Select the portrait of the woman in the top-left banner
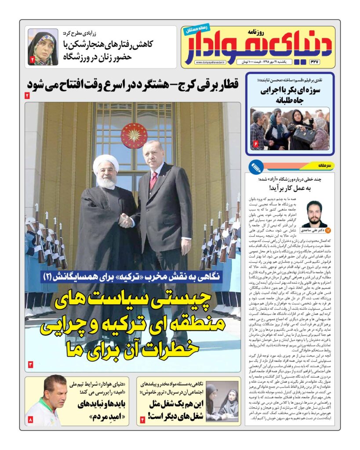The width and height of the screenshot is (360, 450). pyautogui.click(x=43, y=47)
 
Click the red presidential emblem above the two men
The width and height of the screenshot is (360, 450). pyautogui.click(x=134, y=135)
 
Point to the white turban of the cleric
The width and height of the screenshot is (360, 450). pyautogui.click(x=105, y=164)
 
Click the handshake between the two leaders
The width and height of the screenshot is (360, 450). pyautogui.click(x=126, y=220)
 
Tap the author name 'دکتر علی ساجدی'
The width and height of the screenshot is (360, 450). pyautogui.click(x=312, y=230)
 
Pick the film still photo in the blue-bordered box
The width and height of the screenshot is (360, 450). pyautogui.click(x=290, y=128)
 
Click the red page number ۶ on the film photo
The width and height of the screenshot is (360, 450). pyautogui.click(x=255, y=144)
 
